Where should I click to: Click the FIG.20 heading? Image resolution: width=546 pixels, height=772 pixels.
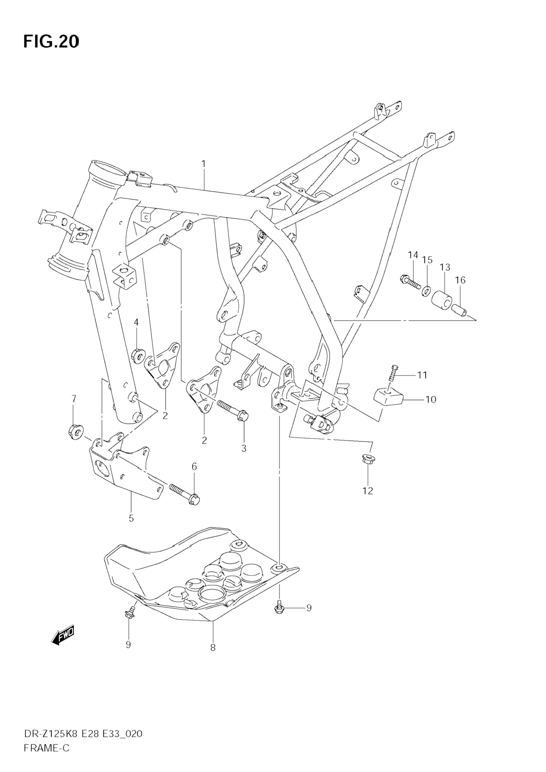51,42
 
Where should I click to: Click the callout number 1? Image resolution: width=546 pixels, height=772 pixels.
203,164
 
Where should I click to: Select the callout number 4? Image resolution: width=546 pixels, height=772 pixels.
136,322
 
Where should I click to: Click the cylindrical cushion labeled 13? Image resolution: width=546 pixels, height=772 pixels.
442,300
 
